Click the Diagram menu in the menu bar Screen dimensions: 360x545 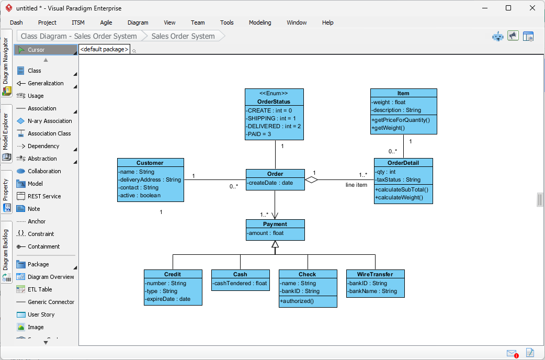(138, 22)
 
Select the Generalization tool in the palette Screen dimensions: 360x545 (46, 83)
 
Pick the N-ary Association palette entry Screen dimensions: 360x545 (50, 121)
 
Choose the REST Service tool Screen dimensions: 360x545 (44, 196)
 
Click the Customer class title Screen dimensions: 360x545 (150, 163)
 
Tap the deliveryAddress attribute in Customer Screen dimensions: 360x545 (150, 179)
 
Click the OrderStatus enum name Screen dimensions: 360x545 (274, 102)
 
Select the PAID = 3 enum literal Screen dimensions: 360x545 (259, 134)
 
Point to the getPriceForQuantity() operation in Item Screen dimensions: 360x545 (401, 120)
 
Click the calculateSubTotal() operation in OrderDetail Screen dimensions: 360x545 (401, 189)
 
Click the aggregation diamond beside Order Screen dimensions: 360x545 (311, 180)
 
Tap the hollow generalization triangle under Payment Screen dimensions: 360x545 (275, 244)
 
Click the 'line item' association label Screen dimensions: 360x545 (356, 185)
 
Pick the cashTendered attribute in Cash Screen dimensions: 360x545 (240, 283)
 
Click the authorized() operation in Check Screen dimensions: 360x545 (297, 301)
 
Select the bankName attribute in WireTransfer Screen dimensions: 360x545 (373, 291)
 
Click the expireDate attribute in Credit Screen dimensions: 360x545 (168, 299)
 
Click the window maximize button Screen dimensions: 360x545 (508, 8)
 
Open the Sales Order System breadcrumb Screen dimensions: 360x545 (183, 36)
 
